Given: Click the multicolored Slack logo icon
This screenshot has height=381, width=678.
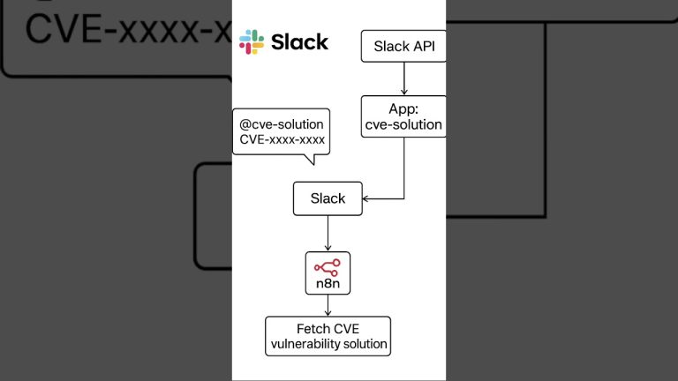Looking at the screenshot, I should pyautogui.click(x=252, y=41).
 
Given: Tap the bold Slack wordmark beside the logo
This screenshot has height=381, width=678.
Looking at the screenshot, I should pyautogui.click(x=299, y=41).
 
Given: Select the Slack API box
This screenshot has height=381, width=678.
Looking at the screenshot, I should pyautogui.click(x=403, y=46).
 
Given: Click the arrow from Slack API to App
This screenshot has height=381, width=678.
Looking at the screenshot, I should pyautogui.click(x=403, y=79).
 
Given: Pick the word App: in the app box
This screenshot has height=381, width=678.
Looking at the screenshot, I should pyautogui.click(x=403, y=109).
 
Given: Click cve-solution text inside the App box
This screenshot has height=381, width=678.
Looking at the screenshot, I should pyautogui.click(x=403, y=125).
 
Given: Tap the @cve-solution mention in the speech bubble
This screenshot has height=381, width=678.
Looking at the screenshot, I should pyautogui.click(x=282, y=124).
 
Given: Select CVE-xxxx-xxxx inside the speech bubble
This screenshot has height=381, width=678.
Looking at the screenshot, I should pyautogui.click(x=282, y=140).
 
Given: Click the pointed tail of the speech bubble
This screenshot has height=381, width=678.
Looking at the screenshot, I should pyautogui.click(x=309, y=160).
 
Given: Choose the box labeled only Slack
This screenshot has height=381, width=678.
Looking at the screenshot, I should pyautogui.click(x=328, y=198).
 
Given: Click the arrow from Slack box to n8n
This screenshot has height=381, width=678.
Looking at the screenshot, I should pyautogui.click(x=328, y=233).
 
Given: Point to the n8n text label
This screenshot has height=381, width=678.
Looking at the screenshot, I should pyautogui.click(x=328, y=284).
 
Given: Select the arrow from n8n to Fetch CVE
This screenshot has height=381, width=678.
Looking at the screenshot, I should pyautogui.click(x=328, y=305).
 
